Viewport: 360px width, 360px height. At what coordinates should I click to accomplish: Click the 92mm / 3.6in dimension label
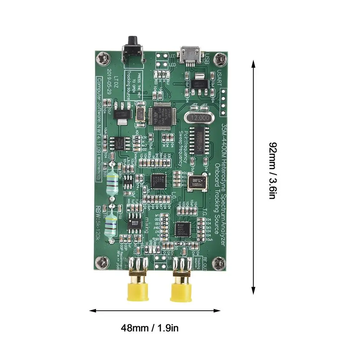pos(273,171)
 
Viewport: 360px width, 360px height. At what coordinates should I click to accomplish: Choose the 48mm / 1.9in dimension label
pos(150,328)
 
